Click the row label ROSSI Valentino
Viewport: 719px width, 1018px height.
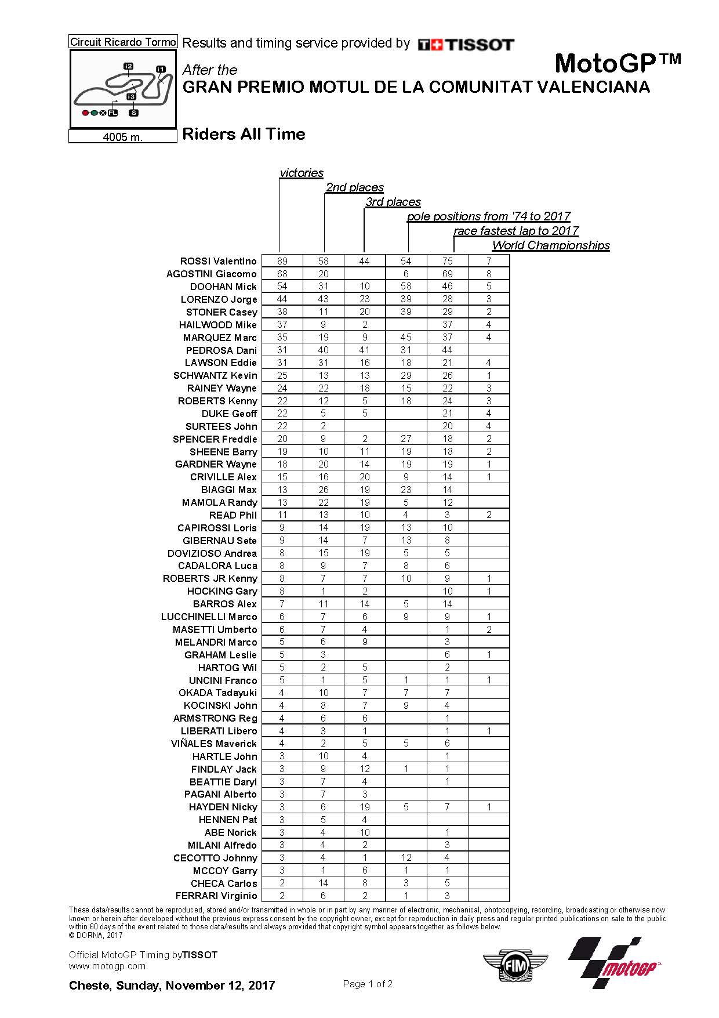[218, 261]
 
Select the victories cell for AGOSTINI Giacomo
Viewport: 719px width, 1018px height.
[282, 274]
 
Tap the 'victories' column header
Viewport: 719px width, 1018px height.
[302, 173]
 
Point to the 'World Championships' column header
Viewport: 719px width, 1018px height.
[551, 245]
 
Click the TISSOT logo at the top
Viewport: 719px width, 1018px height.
[466, 45]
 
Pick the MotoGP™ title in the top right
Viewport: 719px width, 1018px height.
[618, 62]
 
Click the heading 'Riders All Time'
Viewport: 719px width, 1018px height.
[244, 134]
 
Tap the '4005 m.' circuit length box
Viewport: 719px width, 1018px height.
[122, 137]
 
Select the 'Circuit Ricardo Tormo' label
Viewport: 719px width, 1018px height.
[122, 42]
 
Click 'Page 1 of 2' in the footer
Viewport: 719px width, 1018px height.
[368, 984]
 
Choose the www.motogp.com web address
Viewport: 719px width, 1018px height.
[107, 966]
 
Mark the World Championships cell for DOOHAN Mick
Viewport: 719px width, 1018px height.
[489, 287]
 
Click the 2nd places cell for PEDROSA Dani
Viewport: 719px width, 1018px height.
[324, 350]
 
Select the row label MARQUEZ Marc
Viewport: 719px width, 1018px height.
[220, 338]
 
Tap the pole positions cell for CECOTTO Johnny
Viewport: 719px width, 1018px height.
[406, 857]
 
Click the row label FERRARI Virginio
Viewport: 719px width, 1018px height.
[216, 896]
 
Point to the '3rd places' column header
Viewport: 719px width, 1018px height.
[393, 202]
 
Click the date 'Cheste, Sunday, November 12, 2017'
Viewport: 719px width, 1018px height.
[172, 986]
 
